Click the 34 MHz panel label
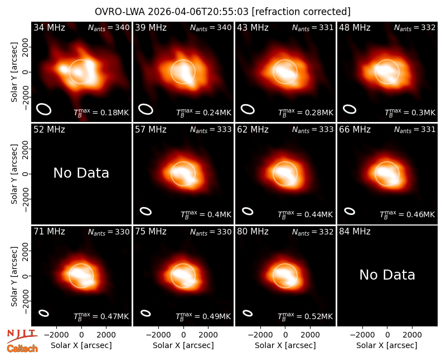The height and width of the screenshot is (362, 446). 49,27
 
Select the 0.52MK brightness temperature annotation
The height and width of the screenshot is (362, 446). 305,316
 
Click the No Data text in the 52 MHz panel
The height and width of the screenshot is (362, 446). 81,173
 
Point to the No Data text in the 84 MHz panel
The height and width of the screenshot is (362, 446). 387,275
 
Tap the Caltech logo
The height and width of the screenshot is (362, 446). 22,349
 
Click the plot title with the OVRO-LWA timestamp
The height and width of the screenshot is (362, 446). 222,12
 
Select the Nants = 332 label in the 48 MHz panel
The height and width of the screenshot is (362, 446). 415,27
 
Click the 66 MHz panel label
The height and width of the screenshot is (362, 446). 355,130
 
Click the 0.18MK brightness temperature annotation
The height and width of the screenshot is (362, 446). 101,112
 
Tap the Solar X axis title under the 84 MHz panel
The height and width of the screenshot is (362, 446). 387,345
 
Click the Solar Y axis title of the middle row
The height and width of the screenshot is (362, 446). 14,174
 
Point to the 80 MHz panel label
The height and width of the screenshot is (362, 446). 253,232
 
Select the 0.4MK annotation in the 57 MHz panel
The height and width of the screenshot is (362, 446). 206,214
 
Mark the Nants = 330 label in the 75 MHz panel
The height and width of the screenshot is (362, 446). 211,232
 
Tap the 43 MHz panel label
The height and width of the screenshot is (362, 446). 253,27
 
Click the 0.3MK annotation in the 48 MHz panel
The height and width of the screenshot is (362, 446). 410,112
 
